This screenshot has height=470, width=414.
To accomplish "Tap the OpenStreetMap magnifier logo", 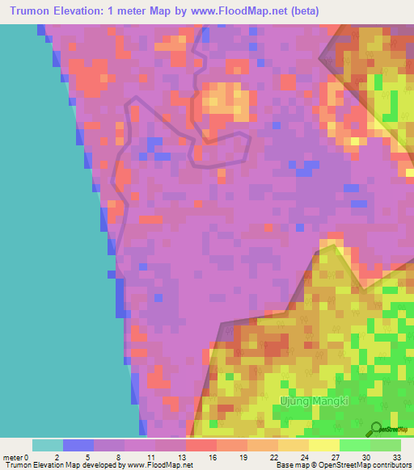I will (x=376, y=429).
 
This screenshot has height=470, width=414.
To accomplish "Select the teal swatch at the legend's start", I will (x=48, y=445).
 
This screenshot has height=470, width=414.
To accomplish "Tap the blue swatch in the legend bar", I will (x=78, y=445).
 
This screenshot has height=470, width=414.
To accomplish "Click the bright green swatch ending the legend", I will (x=386, y=445).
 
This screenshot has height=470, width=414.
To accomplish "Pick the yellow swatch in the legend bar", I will (x=324, y=445).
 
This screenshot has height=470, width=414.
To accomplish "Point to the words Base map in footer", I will (x=289, y=465).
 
